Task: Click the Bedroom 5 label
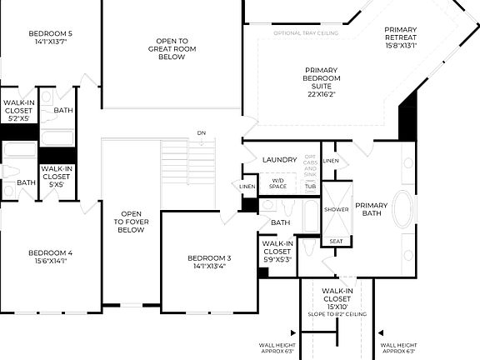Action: pyautogui.click(x=50, y=34)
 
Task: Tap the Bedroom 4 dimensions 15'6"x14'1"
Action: pyautogui.click(x=50, y=261)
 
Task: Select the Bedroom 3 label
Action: pyautogui.click(x=209, y=258)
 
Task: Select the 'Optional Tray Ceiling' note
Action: pyautogui.click(x=306, y=33)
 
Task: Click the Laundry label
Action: pyautogui.click(x=280, y=159)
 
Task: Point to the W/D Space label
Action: pyautogui.click(x=277, y=182)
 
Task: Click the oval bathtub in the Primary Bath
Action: pyautogui.click(x=402, y=209)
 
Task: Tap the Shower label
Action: pyautogui.click(x=337, y=209)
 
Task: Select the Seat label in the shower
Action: pyautogui.click(x=336, y=241)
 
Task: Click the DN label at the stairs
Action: pyautogui.click(x=201, y=132)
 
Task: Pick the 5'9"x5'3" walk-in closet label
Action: pyautogui.click(x=277, y=251)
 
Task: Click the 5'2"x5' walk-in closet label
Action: pyautogui.click(x=18, y=112)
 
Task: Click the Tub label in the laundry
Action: pyautogui.click(x=310, y=186)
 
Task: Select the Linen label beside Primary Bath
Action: pyautogui.click(x=331, y=160)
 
